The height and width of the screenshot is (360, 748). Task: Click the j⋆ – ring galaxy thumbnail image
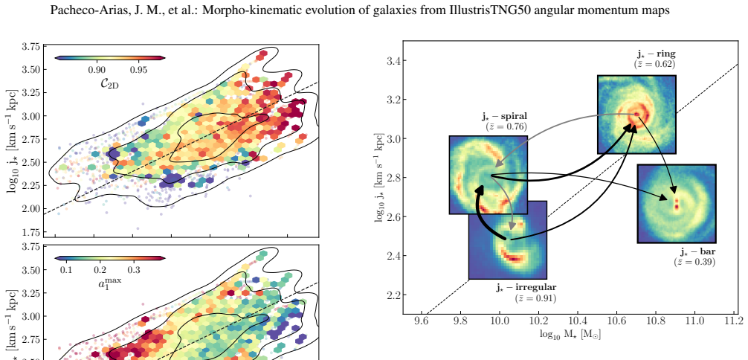pos(636,114)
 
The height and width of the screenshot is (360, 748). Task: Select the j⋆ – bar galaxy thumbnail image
pos(677,204)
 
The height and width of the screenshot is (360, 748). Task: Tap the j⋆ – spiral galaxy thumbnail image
pos(488,175)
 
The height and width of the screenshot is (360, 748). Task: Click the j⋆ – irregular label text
pos(526,287)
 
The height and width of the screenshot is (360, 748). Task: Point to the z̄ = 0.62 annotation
pos(654,63)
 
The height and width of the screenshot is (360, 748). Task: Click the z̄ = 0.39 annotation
pos(694,261)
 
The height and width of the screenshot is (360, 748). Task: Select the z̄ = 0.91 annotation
pos(535,298)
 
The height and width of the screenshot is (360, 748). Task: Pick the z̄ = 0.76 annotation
pos(506,126)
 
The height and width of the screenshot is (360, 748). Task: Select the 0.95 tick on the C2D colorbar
pos(139,70)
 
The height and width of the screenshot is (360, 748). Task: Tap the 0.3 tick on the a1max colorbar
pos(134,271)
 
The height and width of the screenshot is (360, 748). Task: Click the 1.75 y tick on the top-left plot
pos(30,233)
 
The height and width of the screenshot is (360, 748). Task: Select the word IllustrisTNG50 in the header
pos(490,10)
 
